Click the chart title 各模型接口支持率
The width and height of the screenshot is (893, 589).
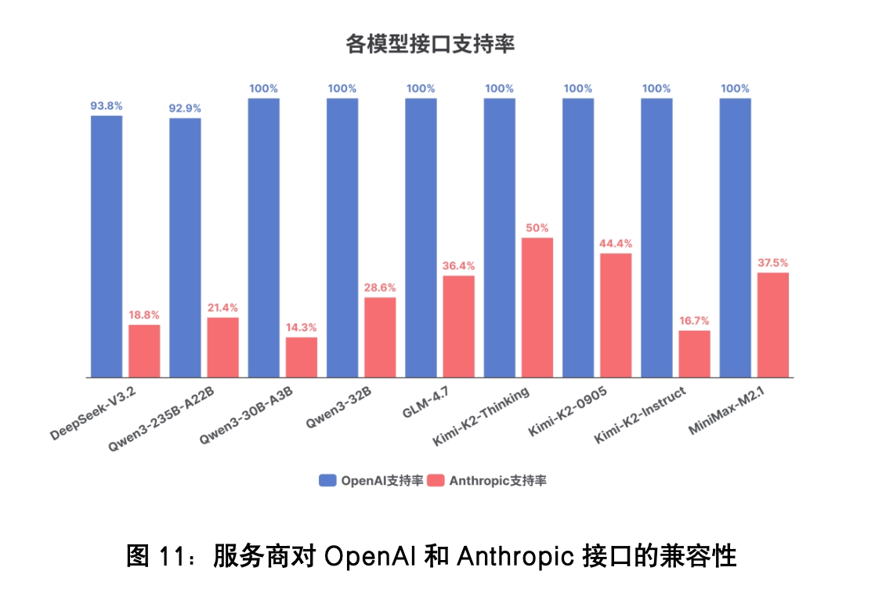[430, 45]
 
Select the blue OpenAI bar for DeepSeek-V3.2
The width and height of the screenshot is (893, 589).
[107, 247]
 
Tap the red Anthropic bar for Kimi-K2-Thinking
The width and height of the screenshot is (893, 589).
[537, 307]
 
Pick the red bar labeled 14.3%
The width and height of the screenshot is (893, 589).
[302, 357]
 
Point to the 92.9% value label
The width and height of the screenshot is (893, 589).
[185, 108]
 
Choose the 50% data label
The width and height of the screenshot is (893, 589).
[537, 228]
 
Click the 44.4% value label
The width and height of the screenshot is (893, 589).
[616, 243]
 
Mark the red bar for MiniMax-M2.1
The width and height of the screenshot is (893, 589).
[772, 325]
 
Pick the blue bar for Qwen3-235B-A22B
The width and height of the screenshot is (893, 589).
[185, 248]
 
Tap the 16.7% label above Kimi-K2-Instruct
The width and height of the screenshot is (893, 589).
[694, 320]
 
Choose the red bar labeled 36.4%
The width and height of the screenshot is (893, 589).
[458, 326]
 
